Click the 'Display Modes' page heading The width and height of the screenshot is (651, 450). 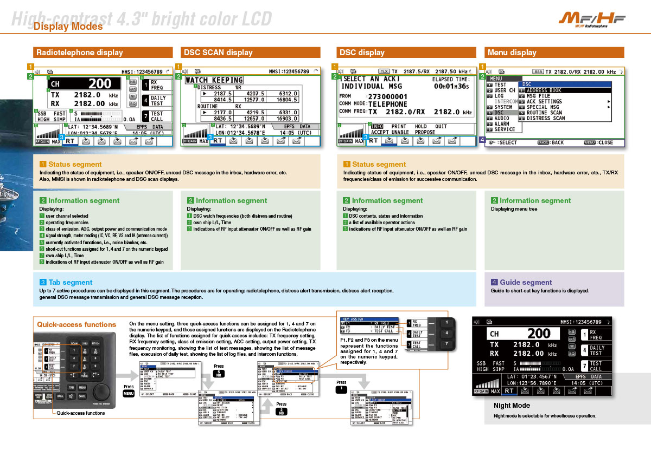tap(68, 27)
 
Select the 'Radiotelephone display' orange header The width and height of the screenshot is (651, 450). tap(79, 53)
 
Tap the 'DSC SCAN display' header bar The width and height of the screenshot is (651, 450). tap(218, 53)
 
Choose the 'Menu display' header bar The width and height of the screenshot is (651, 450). tap(512, 53)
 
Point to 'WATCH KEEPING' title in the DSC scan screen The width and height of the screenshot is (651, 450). tap(214, 80)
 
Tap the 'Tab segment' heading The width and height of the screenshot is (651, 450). tap(71, 282)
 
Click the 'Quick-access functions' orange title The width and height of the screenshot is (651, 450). tap(76, 324)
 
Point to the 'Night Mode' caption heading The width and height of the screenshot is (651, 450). tap(512, 405)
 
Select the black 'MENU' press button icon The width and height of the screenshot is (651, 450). tap(129, 394)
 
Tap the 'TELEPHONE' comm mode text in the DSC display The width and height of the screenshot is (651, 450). tap(388, 104)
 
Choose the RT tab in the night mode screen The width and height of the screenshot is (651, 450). tap(509, 390)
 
